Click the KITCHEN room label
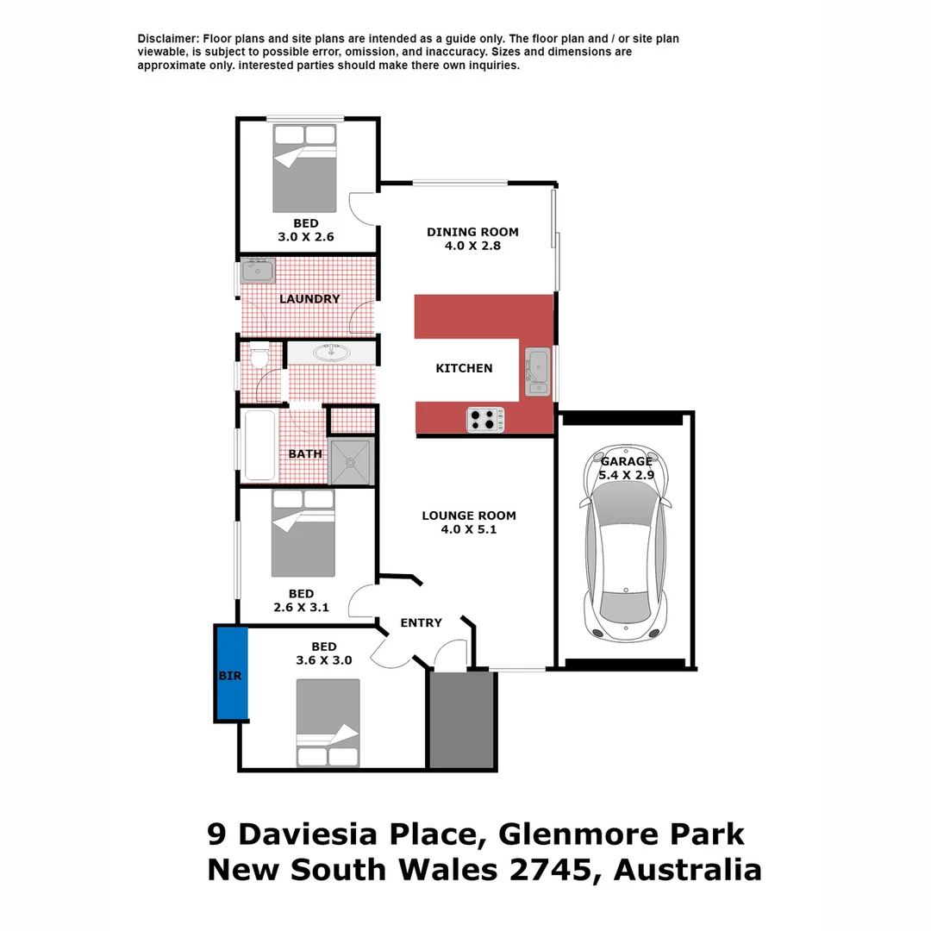click(464, 368)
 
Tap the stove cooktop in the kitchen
click(485, 420)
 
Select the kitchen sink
click(539, 372)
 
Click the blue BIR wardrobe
click(231, 674)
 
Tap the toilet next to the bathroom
click(259, 355)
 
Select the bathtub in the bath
click(259, 445)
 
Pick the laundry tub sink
click(257, 272)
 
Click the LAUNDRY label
click(309, 299)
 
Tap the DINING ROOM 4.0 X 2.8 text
click(472, 238)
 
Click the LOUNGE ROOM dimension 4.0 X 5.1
click(468, 530)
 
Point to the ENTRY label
click(421, 622)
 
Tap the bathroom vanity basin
click(330, 352)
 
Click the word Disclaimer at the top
click(168, 39)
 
